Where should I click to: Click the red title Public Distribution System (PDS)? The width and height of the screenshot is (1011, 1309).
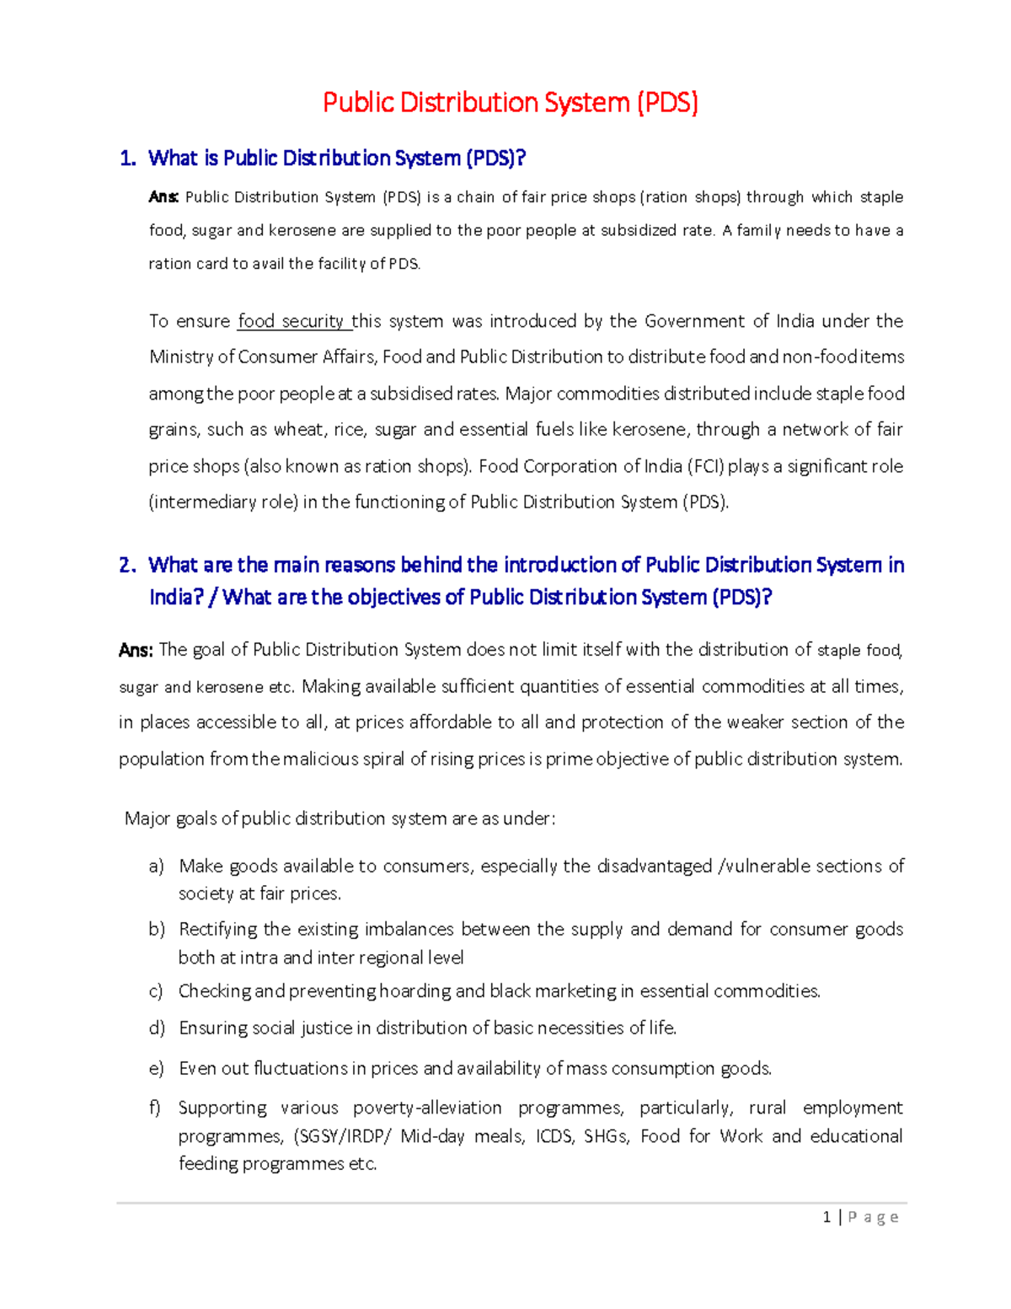pos(511,103)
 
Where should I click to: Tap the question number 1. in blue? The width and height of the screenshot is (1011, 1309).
pos(127,158)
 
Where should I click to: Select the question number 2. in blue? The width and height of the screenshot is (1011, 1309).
pos(127,565)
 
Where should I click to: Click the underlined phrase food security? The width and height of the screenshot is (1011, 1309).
pos(292,321)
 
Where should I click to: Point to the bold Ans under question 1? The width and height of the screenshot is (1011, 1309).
pos(163,197)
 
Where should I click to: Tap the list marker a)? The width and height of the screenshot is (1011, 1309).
pos(156,866)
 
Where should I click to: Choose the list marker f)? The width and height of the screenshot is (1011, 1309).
pos(155,1108)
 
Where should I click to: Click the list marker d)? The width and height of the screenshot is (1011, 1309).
pos(156,1028)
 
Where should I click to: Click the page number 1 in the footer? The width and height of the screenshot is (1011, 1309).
pos(826,1216)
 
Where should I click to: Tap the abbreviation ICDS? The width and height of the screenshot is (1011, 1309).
pos(554,1136)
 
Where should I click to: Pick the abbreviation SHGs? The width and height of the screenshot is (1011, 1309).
pos(606,1136)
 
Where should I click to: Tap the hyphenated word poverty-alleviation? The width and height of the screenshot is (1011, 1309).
pos(427,1108)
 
